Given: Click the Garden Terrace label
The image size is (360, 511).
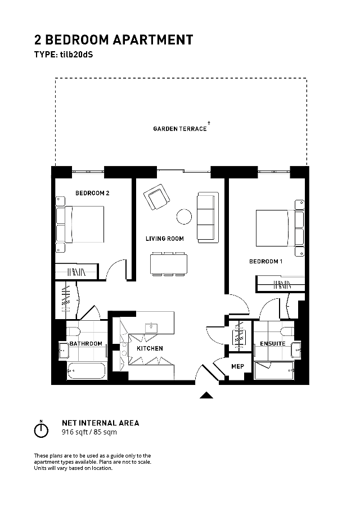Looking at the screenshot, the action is (180, 129).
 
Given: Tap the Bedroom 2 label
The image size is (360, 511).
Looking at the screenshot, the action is (92, 193).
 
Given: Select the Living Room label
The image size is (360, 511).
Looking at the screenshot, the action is (164, 239).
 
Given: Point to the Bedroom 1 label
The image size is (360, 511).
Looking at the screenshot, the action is (266, 261).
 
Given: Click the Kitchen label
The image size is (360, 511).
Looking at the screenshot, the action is (150, 348).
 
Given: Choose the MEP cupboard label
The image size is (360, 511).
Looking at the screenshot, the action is (237, 366).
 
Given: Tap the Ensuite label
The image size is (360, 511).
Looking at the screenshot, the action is (273, 343).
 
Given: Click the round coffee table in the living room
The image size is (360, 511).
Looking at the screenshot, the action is (184, 217).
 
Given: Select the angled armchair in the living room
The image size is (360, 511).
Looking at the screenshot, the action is (157, 197).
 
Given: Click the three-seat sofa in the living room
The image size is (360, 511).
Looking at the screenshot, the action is (208, 217).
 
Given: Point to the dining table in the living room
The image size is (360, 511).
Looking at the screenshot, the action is (169, 264).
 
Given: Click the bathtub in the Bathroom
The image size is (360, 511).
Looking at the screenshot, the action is (86, 371).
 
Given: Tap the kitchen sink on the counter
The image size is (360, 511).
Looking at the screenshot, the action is (151, 327).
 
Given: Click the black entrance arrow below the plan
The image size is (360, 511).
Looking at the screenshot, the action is (206, 395).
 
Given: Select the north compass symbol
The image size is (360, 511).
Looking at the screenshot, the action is (41, 429).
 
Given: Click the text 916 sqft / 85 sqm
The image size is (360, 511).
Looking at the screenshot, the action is (89, 432).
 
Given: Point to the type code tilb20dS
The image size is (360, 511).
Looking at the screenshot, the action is (76, 55).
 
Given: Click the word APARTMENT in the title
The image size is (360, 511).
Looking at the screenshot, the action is (153, 40).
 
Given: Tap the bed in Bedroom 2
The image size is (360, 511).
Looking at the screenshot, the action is (80, 224).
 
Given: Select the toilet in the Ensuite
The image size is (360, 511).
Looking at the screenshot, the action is (287, 331).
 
